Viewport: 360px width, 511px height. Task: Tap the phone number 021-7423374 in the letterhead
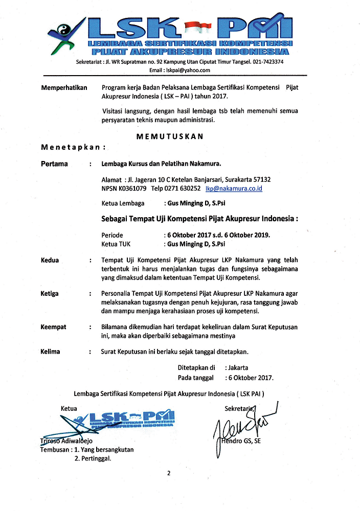click(x=267, y=61)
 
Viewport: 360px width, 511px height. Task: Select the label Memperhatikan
click(x=64, y=88)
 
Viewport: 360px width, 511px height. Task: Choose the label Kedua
click(x=50, y=260)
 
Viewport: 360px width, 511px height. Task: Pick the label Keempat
click(x=53, y=327)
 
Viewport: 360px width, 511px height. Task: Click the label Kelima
click(x=50, y=352)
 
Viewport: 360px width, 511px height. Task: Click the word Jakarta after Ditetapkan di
click(x=238, y=367)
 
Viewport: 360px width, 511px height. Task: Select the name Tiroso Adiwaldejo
click(x=66, y=440)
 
